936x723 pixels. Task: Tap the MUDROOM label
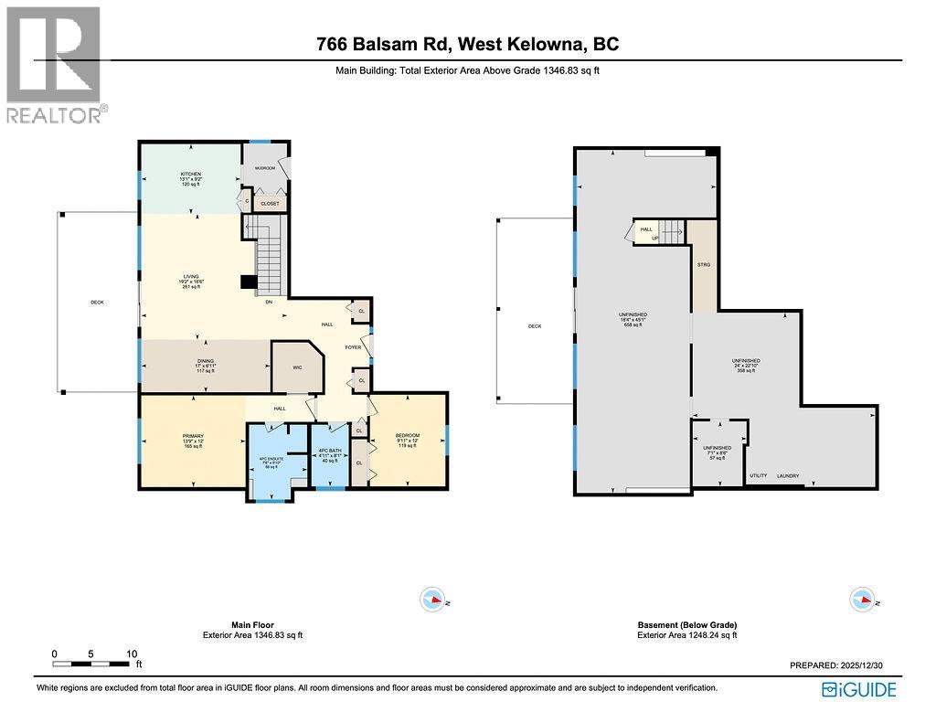click(x=265, y=168)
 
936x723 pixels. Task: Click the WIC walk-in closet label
click(x=296, y=367)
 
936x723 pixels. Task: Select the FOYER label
click(x=353, y=348)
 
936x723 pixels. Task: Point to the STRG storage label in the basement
click(x=703, y=264)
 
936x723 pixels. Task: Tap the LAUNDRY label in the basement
click(x=788, y=476)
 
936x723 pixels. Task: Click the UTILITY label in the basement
click(x=758, y=476)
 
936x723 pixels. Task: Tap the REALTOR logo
click(x=55, y=64)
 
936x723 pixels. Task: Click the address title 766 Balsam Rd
click(x=467, y=44)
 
